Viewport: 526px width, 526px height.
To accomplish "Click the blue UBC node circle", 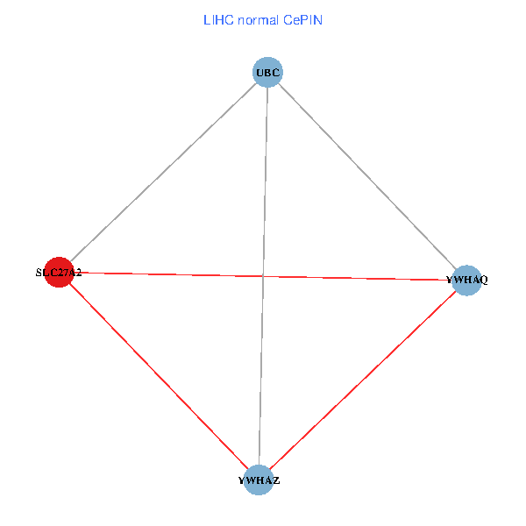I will [x=268, y=72].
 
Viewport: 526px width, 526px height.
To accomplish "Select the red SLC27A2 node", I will [x=58, y=273].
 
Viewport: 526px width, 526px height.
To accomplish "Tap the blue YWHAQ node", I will [x=466, y=280].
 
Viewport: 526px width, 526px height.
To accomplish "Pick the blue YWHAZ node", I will [x=258, y=480].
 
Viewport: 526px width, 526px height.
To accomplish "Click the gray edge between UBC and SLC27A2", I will [x=163, y=172].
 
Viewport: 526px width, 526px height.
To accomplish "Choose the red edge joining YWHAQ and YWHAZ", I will [x=362, y=380].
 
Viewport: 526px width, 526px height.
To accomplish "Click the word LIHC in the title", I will [x=216, y=19].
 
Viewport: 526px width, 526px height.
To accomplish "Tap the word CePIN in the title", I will [x=302, y=19].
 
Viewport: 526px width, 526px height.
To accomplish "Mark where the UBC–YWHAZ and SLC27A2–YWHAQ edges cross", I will [x=263, y=276].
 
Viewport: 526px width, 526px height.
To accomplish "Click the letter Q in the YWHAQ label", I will [x=483, y=281].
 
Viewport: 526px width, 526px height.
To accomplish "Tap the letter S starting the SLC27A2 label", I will [x=39, y=273].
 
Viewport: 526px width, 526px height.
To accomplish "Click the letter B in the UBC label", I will [x=268, y=72].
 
